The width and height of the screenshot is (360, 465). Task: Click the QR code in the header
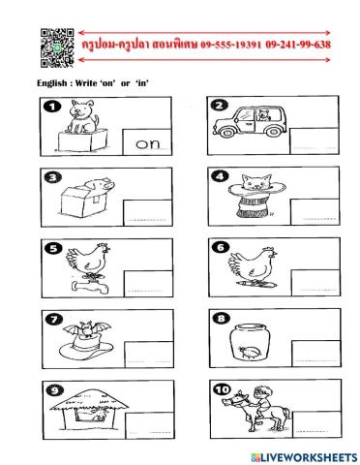pyautogui.click(x=57, y=47)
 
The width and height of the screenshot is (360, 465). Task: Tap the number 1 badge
pyautogui.click(x=52, y=107)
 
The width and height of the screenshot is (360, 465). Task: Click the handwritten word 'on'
pyautogui.click(x=148, y=144)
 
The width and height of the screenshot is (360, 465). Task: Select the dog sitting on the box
pyautogui.click(x=82, y=117)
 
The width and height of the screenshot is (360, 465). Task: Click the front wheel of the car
pyautogui.click(x=227, y=132)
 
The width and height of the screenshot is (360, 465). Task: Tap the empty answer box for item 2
pyautogui.click(x=315, y=140)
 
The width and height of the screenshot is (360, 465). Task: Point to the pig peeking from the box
pyautogui.click(x=101, y=186)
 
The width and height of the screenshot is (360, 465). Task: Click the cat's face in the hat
pyautogui.click(x=256, y=182)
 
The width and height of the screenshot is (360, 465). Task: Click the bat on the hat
pyautogui.click(x=87, y=330)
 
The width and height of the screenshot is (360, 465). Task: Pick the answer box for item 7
pyautogui.click(x=149, y=355)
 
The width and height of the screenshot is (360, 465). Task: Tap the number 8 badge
pyautogui.click(x=221, y=319)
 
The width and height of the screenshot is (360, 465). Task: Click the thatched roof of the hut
pyautogui.click(x=89, y=399)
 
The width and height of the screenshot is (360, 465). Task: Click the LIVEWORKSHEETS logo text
pyautogui.click(x=304, y=457)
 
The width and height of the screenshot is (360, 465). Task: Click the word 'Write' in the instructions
pyautogui.click(x=86, y=83)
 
